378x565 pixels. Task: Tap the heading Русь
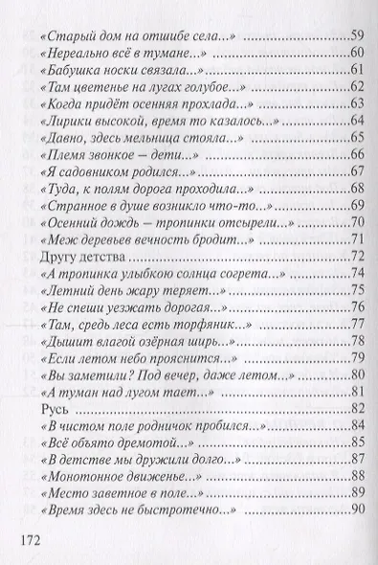click(x=48, y=408)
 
